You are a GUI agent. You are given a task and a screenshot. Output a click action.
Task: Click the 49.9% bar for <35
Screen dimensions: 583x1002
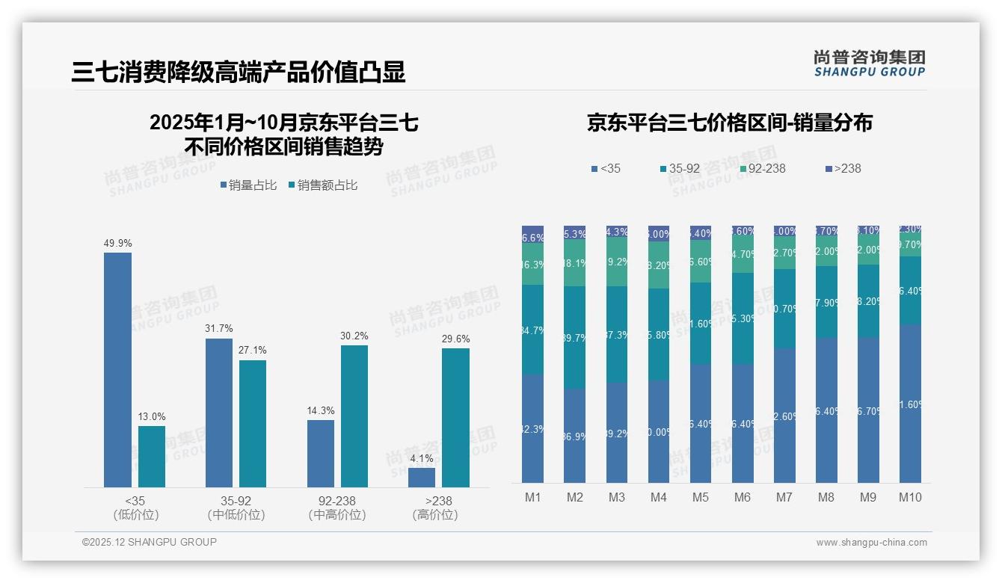pos(117,370)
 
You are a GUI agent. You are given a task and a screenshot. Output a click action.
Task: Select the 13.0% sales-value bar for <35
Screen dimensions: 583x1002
pos(152,457)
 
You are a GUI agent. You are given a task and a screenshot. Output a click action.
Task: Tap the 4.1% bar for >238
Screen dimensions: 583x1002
pos(422,478)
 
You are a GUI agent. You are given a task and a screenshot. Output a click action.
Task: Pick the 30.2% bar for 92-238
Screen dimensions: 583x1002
pos(354,416)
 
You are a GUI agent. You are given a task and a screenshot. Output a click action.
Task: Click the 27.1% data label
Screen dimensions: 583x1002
pos(253,350)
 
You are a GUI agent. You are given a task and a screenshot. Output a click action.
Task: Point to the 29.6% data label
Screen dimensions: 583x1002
pos(455,339)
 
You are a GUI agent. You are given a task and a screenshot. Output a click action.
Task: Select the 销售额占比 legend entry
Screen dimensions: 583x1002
pos(323,185)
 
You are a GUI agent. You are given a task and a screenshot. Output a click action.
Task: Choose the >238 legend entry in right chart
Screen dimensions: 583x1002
pos(843,168)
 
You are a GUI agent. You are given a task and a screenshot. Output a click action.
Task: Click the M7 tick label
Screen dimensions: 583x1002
pos(784,497)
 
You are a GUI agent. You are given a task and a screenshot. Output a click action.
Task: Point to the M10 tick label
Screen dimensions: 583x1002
pos(909,497)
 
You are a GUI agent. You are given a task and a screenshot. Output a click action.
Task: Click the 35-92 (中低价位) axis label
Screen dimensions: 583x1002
pos(236,508)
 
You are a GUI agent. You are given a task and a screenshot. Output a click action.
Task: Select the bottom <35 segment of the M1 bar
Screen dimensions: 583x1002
pos(532,428)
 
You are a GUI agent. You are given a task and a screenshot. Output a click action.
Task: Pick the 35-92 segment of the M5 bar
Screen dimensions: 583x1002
pos(700,323)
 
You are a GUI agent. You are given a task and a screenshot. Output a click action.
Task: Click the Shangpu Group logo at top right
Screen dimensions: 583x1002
pos(869,63)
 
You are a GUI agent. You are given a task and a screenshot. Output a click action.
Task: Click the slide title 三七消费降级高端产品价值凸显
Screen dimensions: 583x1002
pos(239,72)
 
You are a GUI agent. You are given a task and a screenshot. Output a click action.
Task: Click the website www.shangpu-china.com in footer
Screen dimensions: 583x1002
pos(871,543)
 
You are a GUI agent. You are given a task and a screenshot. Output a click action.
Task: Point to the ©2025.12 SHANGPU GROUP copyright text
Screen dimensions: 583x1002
pos(150,542)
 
